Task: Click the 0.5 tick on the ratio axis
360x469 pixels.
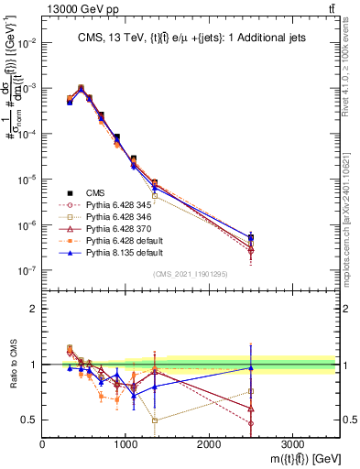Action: point(30,420)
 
